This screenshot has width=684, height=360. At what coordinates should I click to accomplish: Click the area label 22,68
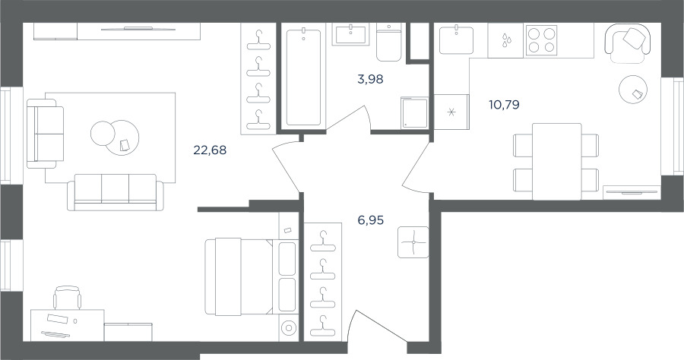click(210, 150)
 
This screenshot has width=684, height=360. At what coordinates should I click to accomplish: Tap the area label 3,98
click(370, 79)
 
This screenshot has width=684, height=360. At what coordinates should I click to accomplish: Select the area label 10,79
click(505, 105)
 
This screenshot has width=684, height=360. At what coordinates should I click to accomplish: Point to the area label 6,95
click(370, 220)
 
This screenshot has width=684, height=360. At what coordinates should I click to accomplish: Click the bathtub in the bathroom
click(303, 77)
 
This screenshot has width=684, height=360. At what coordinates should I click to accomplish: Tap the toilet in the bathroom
click(388, 43)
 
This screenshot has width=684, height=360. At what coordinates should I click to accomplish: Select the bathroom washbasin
click(350, 34)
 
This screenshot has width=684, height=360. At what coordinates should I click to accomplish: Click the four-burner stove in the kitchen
click(541, 40)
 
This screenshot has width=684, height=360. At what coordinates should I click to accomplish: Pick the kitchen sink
click(456, 39)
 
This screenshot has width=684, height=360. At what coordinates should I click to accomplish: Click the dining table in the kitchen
click(556, 162)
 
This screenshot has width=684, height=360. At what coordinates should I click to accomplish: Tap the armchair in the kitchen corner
click(628, 43)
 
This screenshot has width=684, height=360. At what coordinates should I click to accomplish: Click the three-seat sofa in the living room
click(116, 192)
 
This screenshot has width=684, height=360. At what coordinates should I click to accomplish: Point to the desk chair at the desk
click(67, 298)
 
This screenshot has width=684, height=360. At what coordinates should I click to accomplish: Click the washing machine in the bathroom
click(414, 113)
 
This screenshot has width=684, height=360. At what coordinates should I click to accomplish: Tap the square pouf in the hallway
click(413, 242)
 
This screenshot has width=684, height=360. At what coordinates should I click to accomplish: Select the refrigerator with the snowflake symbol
click(451, 112)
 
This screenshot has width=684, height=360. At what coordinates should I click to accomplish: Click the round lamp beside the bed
click(288, 327)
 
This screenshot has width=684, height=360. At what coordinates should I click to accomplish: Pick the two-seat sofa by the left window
click(46, 134)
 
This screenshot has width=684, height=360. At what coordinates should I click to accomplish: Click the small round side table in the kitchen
click(633, 90)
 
